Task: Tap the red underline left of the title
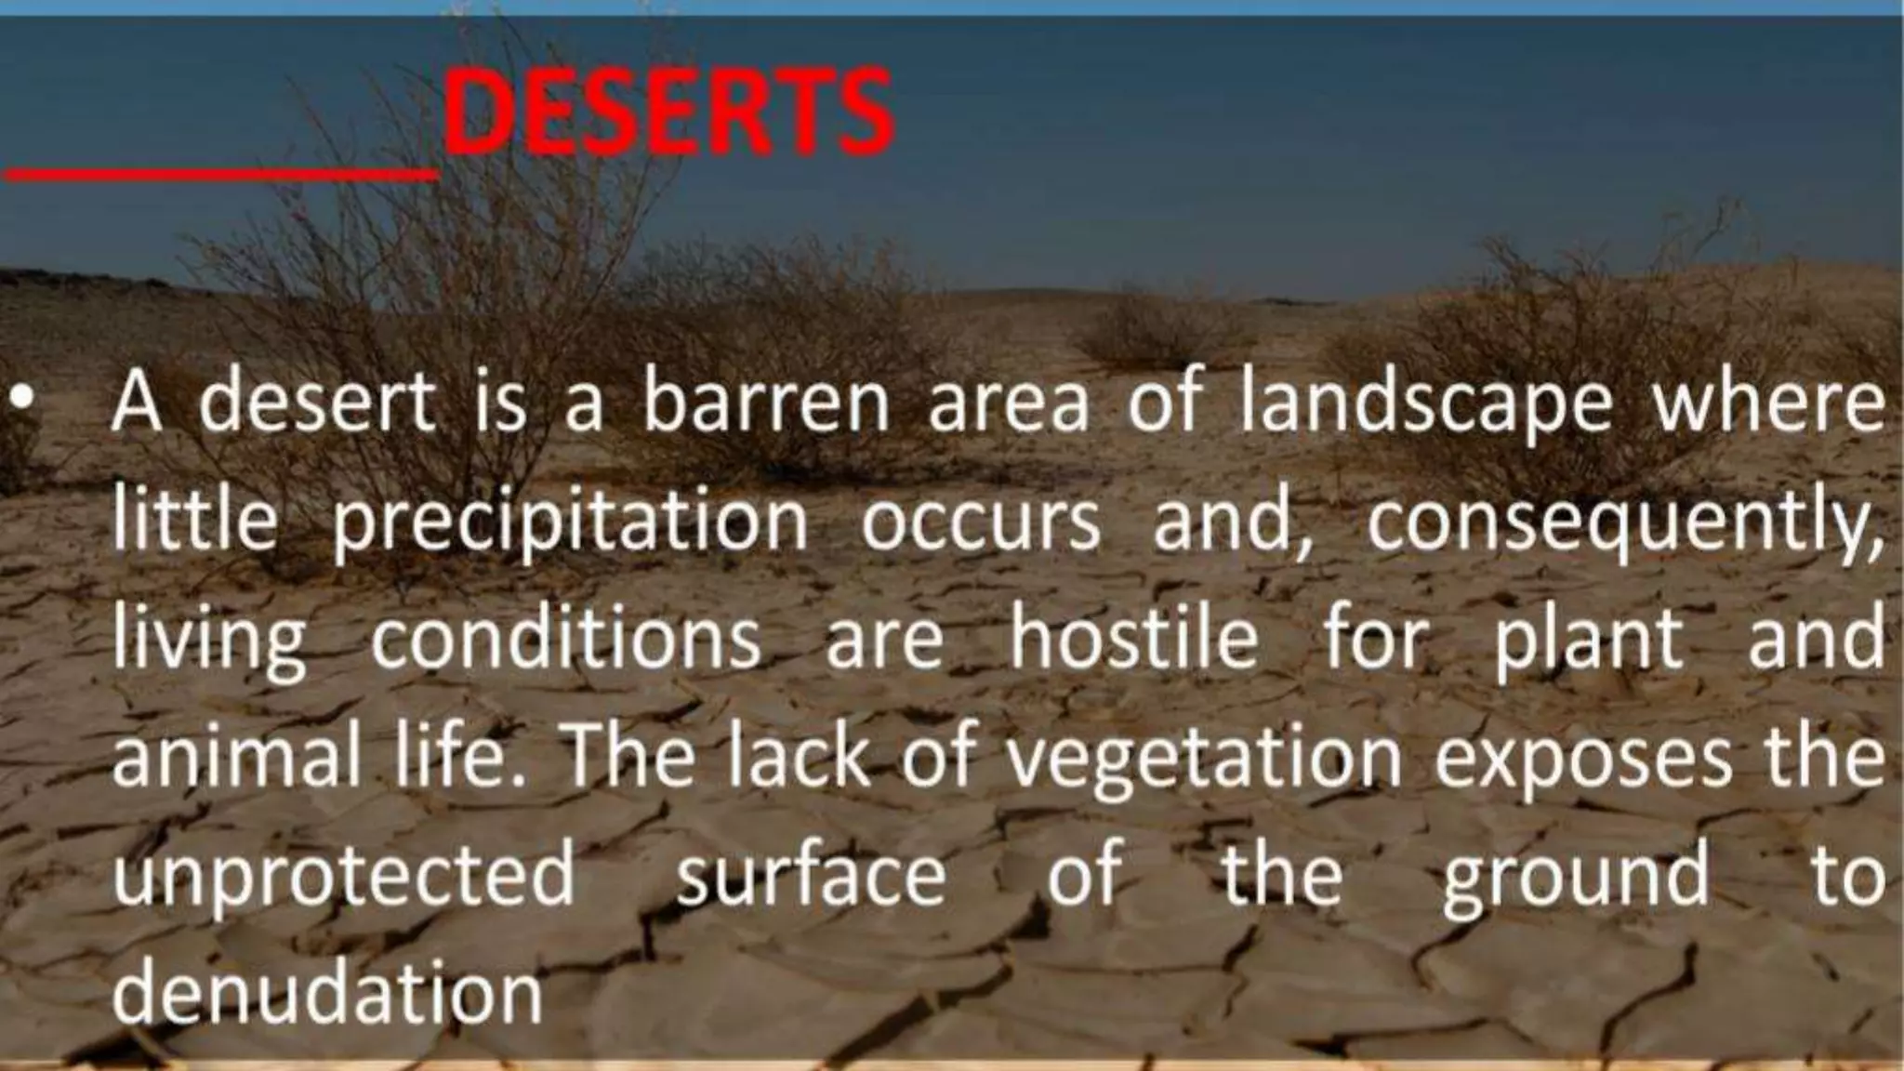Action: (x=219, y=173)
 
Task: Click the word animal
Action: (x=236, y=756)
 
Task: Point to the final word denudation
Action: (x=327, y=993)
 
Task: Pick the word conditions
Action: (x=566, y=639)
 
